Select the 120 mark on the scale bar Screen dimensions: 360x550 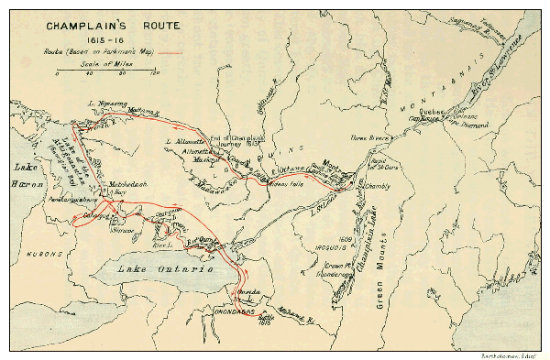click(x=154, y=73)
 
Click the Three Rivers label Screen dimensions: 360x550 click(x=368, y=137)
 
